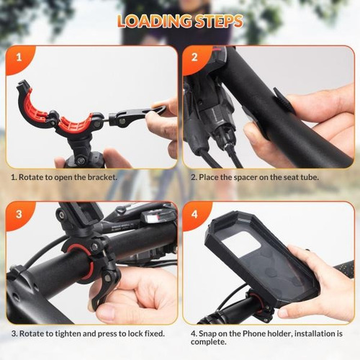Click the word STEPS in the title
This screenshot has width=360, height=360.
214,21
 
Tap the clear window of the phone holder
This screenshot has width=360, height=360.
241,238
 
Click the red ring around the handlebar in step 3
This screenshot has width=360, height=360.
81,261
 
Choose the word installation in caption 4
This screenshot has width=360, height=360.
316,333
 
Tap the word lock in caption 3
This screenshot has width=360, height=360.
135,333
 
